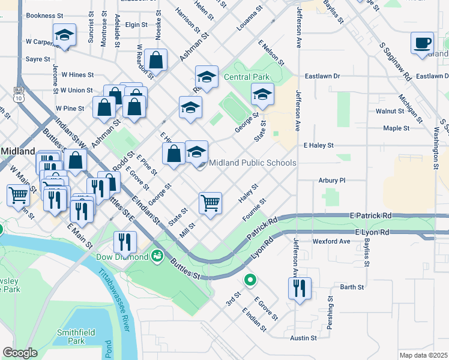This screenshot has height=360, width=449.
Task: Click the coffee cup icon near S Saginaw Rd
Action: pos(422,43)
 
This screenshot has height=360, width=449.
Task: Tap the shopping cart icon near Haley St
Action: pos(210,203)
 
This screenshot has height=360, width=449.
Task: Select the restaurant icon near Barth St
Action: pos(298,289)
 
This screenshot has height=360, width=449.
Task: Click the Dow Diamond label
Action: pos(122,257)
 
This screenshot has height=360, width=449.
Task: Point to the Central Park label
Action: pos(247,77)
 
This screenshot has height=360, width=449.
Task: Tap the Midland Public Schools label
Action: pos(252,163)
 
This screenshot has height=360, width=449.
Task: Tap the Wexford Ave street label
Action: pos(331,241)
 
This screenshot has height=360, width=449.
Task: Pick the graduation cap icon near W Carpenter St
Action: pos(64,35)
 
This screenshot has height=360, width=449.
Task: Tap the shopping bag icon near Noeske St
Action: pos(156,60)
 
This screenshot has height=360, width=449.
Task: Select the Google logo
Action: pos(20,353)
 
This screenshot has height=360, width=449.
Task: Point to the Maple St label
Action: pos(396,128)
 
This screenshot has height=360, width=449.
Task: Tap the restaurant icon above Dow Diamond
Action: pos(125,242)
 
